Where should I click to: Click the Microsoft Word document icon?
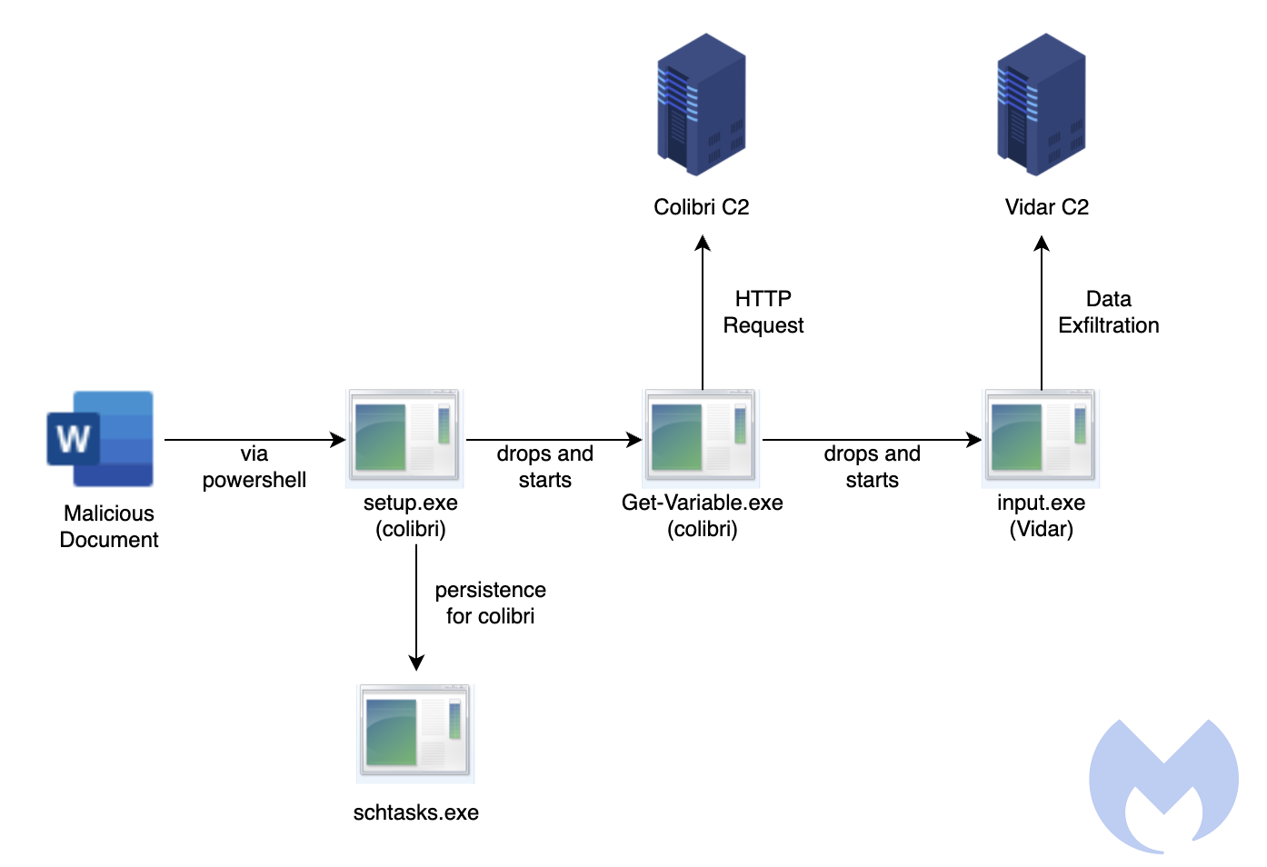pos(100,439)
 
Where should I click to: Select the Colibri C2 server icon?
pos(702,105)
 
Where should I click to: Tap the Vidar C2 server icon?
pos(1042,105)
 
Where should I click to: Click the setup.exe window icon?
pos(404,438)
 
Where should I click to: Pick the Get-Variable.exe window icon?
pos(701,438)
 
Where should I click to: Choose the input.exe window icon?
pos(1041,438)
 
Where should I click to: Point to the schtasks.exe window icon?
pos(415,733)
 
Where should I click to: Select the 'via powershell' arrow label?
pos(254,467)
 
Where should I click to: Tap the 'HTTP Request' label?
pos(763,312)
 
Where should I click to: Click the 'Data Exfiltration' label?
pos(1108,312)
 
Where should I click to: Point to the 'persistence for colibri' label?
pos(491,603)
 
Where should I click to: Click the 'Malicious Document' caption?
pos(109,526)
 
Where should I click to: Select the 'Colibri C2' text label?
pos(702,207)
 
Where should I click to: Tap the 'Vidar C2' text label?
pos(1046,207)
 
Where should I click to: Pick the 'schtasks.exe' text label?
pos(416,812)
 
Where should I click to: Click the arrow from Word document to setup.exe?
pos(254,440)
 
